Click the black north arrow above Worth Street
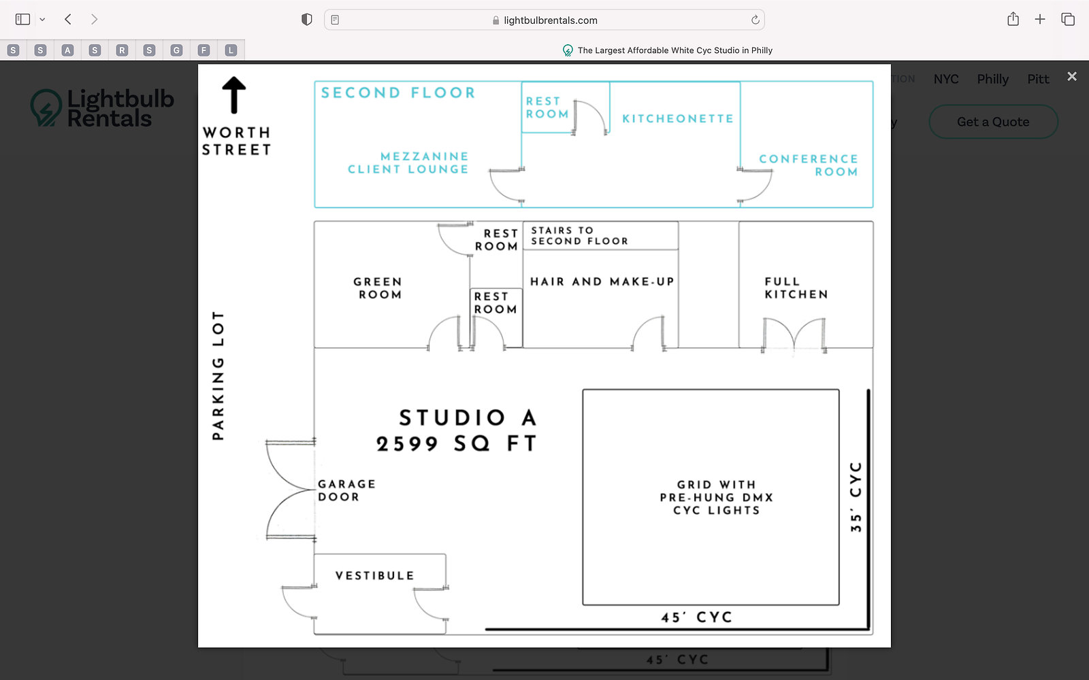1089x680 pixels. pos(234,95)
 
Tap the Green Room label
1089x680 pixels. pos(378,288)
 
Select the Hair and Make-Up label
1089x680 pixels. pos(602,282)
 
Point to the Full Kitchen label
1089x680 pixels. pos(796,288)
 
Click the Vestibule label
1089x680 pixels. pos(375,576)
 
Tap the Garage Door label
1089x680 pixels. pos(346,490)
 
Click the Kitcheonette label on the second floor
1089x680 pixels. pos(678,118)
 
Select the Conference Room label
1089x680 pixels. pos(809,165)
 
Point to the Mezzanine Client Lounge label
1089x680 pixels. pos(408,163)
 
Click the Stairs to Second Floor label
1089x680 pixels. pos(580,236)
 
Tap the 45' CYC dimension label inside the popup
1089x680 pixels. pos(696,617)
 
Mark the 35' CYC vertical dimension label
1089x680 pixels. pos(856,496)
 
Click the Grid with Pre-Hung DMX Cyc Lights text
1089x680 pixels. pos(716,497)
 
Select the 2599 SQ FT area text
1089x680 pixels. pos(457,443)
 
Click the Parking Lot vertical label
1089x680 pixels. pos(218,375)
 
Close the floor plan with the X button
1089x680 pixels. pos(1072,76)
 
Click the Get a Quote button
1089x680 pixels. pos(993,122)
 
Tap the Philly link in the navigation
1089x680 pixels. pos(992,79)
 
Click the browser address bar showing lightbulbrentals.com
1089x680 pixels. pos(544,20)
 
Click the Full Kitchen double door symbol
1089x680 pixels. pos(794,335)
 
